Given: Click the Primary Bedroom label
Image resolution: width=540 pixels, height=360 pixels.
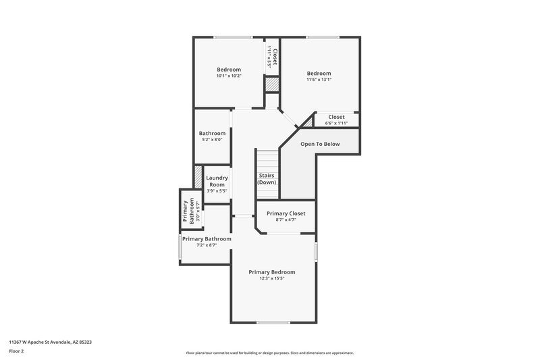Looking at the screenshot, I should click(x=271, y=272).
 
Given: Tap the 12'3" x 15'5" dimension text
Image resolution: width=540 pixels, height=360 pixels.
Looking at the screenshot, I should click(x=271, y=279).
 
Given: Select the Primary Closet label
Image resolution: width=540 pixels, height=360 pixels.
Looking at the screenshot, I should click(x=286, y=213).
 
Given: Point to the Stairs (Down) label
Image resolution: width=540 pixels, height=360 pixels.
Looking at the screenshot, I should click(x=267, y=179).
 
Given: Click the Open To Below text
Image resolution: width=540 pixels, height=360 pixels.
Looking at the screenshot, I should click(x=320, y=144).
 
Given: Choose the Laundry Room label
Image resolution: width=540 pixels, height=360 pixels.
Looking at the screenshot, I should click(x=217, y=181).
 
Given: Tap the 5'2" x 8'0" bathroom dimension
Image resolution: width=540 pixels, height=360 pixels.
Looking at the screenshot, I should click(x=212, y=140).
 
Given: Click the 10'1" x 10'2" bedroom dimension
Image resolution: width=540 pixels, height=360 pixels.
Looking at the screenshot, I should click(x=229, y=76).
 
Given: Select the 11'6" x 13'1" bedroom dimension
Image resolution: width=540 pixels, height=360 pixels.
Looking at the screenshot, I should click(x=319, y=80).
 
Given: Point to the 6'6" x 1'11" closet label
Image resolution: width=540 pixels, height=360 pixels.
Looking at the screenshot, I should click(x=335, y=123).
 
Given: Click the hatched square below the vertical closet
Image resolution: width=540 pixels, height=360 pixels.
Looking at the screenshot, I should click(x=271, y=85).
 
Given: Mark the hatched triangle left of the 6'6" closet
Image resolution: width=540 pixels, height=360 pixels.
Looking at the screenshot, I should click(x=308, y=122).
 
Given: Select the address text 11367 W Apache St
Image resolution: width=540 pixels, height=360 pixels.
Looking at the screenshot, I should click(x=51, y=342).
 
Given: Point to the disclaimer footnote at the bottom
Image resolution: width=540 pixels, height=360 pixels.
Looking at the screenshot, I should click(x=270, y=353).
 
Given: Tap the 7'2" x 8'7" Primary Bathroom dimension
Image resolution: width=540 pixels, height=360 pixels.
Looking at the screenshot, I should click(x=207, y=245).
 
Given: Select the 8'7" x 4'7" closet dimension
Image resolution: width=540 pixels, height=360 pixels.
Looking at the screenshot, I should click(x=286, y=220).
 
